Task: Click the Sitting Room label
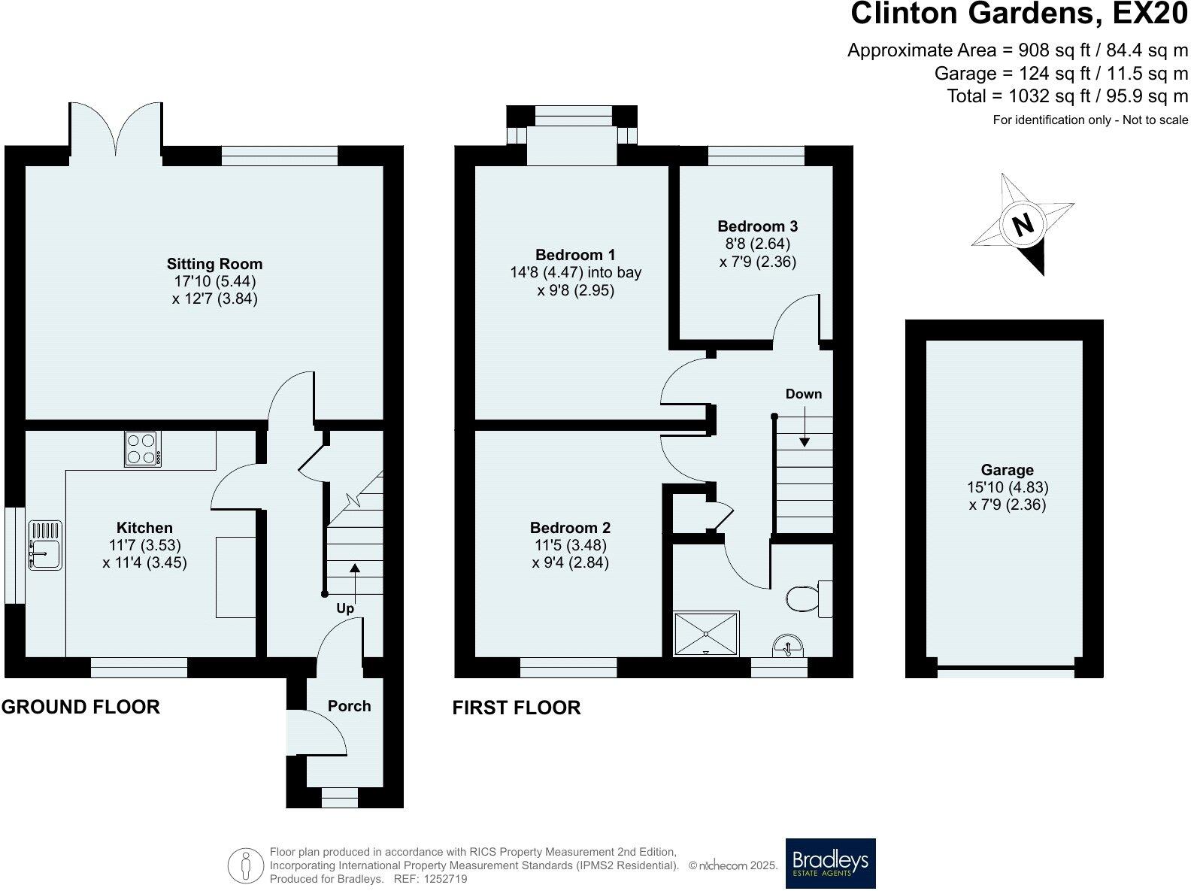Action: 214,264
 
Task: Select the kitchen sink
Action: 44,545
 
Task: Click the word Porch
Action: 350,706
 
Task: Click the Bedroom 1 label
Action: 575,255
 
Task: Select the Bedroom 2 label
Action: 570,528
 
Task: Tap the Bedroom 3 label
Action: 757,226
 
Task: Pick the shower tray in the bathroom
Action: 707,634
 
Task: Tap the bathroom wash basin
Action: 787,646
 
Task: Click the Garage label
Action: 1007,470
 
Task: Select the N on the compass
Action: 1022,224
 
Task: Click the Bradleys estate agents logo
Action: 830,862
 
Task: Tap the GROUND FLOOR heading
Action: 80,707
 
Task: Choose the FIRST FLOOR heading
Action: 517,708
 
